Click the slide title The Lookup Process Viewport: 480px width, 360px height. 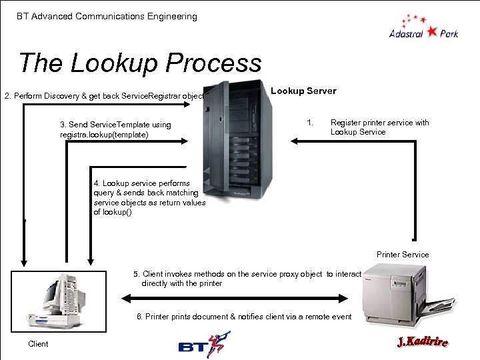click(140, 63)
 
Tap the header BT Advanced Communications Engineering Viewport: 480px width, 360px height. click(107, 16)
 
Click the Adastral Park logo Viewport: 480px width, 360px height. click(423, 27)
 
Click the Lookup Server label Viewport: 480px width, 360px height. click(303, 91)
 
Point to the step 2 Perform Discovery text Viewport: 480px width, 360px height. click(104, 96)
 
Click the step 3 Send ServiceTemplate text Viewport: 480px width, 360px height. click(115, 129)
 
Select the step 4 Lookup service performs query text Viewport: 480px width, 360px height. click(149, 197)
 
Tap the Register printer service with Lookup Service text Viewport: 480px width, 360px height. click(379, 127)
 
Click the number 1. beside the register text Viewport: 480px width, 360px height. click(309, 123)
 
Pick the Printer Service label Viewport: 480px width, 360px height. click(403, 255)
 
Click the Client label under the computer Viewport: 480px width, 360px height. click(38, 344)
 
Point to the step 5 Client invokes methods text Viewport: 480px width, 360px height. click(247, 279)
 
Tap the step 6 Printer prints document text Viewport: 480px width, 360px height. click(244, 317)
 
